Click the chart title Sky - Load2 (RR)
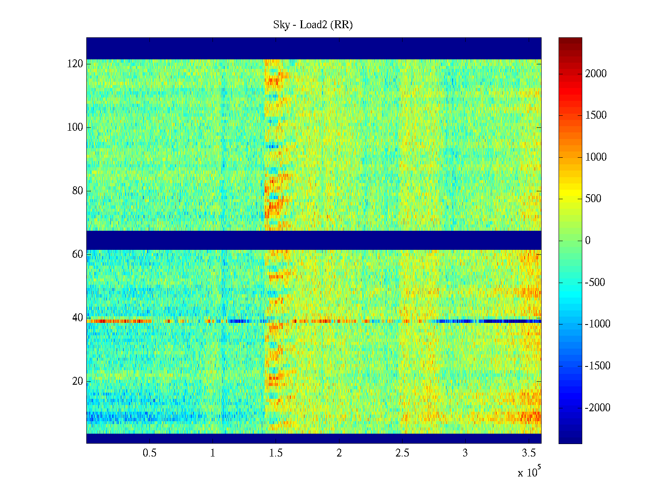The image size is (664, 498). click(313, 25)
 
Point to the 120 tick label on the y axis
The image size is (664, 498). click(75, 64)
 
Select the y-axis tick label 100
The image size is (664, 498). click(75, 127)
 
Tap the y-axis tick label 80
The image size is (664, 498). click(77, 191)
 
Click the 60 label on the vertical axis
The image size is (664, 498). click(77, 254)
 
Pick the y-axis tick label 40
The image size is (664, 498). click(77, 318)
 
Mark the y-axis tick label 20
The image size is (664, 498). click(77, 381)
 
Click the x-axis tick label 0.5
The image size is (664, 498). click(149, 453)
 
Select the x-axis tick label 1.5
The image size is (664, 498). click(276, 453)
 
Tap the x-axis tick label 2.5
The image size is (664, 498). click(402, 453)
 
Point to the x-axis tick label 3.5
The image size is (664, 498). click(528, 453)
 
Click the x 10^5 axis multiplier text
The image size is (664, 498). click(529, 472)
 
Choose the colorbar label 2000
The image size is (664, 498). click(596, 74)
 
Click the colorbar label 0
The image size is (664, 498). click(588, 241)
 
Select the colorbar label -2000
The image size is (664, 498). click(597, 408)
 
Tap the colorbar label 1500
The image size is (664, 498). click(596, 115)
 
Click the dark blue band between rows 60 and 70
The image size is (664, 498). click(314, 240)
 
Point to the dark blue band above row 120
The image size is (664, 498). click(314, 48)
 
